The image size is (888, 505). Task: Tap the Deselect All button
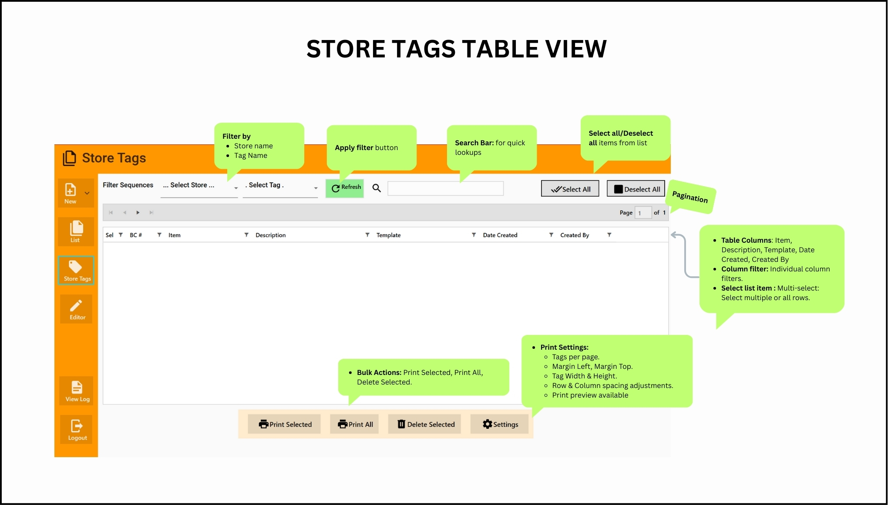pyautogui.click(x=636, y=189)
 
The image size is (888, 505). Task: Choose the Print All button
pyautogui.click(x=355, y=424)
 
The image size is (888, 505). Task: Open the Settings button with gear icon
pyautogui.click(x=500, y=424)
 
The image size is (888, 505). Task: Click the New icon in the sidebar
pyautogui.click(x=71, y=193)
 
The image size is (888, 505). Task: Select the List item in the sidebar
pyautogui.click(x=76, y=231)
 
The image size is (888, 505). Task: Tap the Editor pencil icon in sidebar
pyautogui.click(x=76, y=309)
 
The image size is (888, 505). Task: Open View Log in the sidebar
pyautogui.click(x=77, y=391)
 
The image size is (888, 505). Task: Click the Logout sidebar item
pyautogui.click(x=77, y=429)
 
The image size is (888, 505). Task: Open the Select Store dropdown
pyautogui.click(x=199, y=186)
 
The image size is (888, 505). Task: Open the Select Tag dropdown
pyautogui.click(x=280, y=186)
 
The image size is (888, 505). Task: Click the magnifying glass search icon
pyautogui.click(x=377, y=188)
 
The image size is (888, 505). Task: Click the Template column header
pyautogui.click(x=388, y=235)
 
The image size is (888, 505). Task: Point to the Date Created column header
pyautogui.click(x=500, y=235)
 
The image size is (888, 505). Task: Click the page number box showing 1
pyautogui.click(x=642, y=213)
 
